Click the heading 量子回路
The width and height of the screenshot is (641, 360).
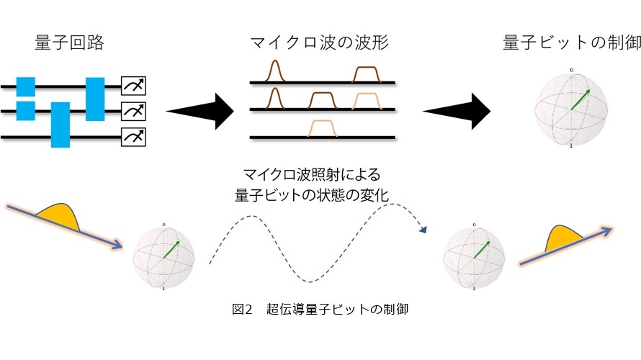(x=69, y=42)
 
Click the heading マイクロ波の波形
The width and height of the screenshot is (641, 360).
(x=319, y=42)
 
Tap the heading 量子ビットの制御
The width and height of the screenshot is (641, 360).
(x=572, y=42)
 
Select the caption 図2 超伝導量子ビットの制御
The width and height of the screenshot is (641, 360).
(x=320, y=309)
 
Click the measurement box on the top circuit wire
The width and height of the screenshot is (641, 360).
(x=133, y=86)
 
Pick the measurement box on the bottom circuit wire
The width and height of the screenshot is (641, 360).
(x=133, y=137)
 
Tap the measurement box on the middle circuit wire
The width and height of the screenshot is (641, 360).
(x=133, y=111)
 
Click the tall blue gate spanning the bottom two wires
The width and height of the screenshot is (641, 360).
(x=60, y=125)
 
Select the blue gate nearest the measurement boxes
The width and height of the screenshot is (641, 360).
(x=95, y=99)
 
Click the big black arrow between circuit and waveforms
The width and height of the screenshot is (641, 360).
(x=200, y=111)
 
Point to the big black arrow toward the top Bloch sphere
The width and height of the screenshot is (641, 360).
(x=457, y=111)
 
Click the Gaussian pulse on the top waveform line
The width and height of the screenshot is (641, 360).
(x=274, y=71)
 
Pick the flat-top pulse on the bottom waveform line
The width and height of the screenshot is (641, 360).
(x=323, y=128)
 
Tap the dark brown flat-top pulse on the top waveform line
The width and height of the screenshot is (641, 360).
(x=367, y=74)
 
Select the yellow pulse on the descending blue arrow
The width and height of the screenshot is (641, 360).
(x=59, y=216)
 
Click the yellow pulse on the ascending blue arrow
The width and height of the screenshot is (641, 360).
(x=563, y=238)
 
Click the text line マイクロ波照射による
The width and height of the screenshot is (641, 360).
(x=312, y=175)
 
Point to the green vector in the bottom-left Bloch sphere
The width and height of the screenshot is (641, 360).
(x=171, y=249)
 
